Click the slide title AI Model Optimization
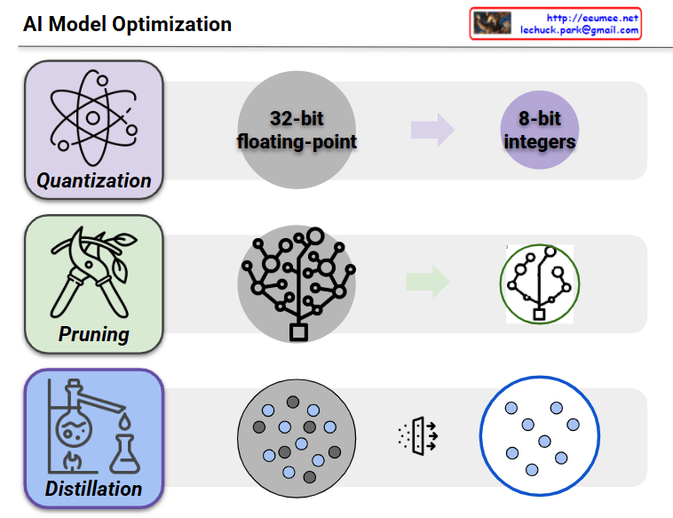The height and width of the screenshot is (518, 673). (127, 24)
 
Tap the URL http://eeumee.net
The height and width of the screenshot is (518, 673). (591, 17)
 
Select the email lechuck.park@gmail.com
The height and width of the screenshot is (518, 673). (579, 30)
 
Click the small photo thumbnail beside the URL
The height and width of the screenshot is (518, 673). (492, 23)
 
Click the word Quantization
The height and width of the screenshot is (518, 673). (94, 181)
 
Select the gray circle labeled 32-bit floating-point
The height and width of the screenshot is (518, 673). (297, 130)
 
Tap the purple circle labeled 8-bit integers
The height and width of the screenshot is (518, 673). (540, 130)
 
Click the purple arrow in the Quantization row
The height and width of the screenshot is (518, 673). (432, 131)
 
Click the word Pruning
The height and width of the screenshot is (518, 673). (94, 335)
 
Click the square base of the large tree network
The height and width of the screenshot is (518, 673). (298, 332)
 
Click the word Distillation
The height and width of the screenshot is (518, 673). (94, 489)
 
